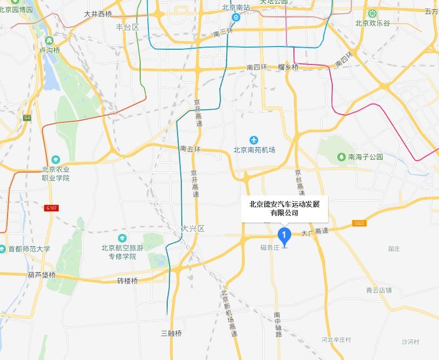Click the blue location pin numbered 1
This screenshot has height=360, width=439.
click(284, 235)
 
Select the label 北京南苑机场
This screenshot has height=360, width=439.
click(254, 150)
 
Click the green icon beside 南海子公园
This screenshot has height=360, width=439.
click(342, 157)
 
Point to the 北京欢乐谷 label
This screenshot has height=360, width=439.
click(371, 23)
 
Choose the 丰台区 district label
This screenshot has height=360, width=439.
click(127, 27)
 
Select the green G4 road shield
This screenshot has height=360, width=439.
click(27, 117)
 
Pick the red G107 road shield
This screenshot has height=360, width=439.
click(52, 208)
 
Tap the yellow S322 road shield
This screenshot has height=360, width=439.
click(358, 223)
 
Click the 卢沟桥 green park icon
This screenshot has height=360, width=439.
click(49, 40)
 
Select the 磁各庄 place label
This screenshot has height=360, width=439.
click(270, 247)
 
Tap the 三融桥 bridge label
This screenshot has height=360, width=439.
click(172, 333)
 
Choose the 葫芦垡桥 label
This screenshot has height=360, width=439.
click(42, 275)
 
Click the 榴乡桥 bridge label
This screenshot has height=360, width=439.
click(288, 67)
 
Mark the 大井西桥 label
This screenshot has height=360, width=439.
click(98, 15)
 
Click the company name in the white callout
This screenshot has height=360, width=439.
click(284, 208)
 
